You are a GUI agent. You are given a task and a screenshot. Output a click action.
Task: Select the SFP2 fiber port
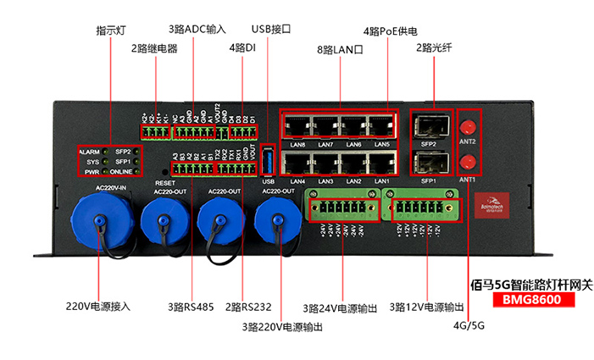[429, 126]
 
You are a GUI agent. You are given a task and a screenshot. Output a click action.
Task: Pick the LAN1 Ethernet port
[380, 163]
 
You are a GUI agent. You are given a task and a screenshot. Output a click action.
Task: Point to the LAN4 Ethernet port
[297, 163]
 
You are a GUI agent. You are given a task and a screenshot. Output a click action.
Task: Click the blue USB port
[269, 161]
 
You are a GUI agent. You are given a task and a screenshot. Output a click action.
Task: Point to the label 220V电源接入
[97, 307]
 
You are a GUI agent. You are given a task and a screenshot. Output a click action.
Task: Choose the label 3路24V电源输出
[340, 307]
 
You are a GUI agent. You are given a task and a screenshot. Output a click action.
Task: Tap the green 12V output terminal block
[421, 207]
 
